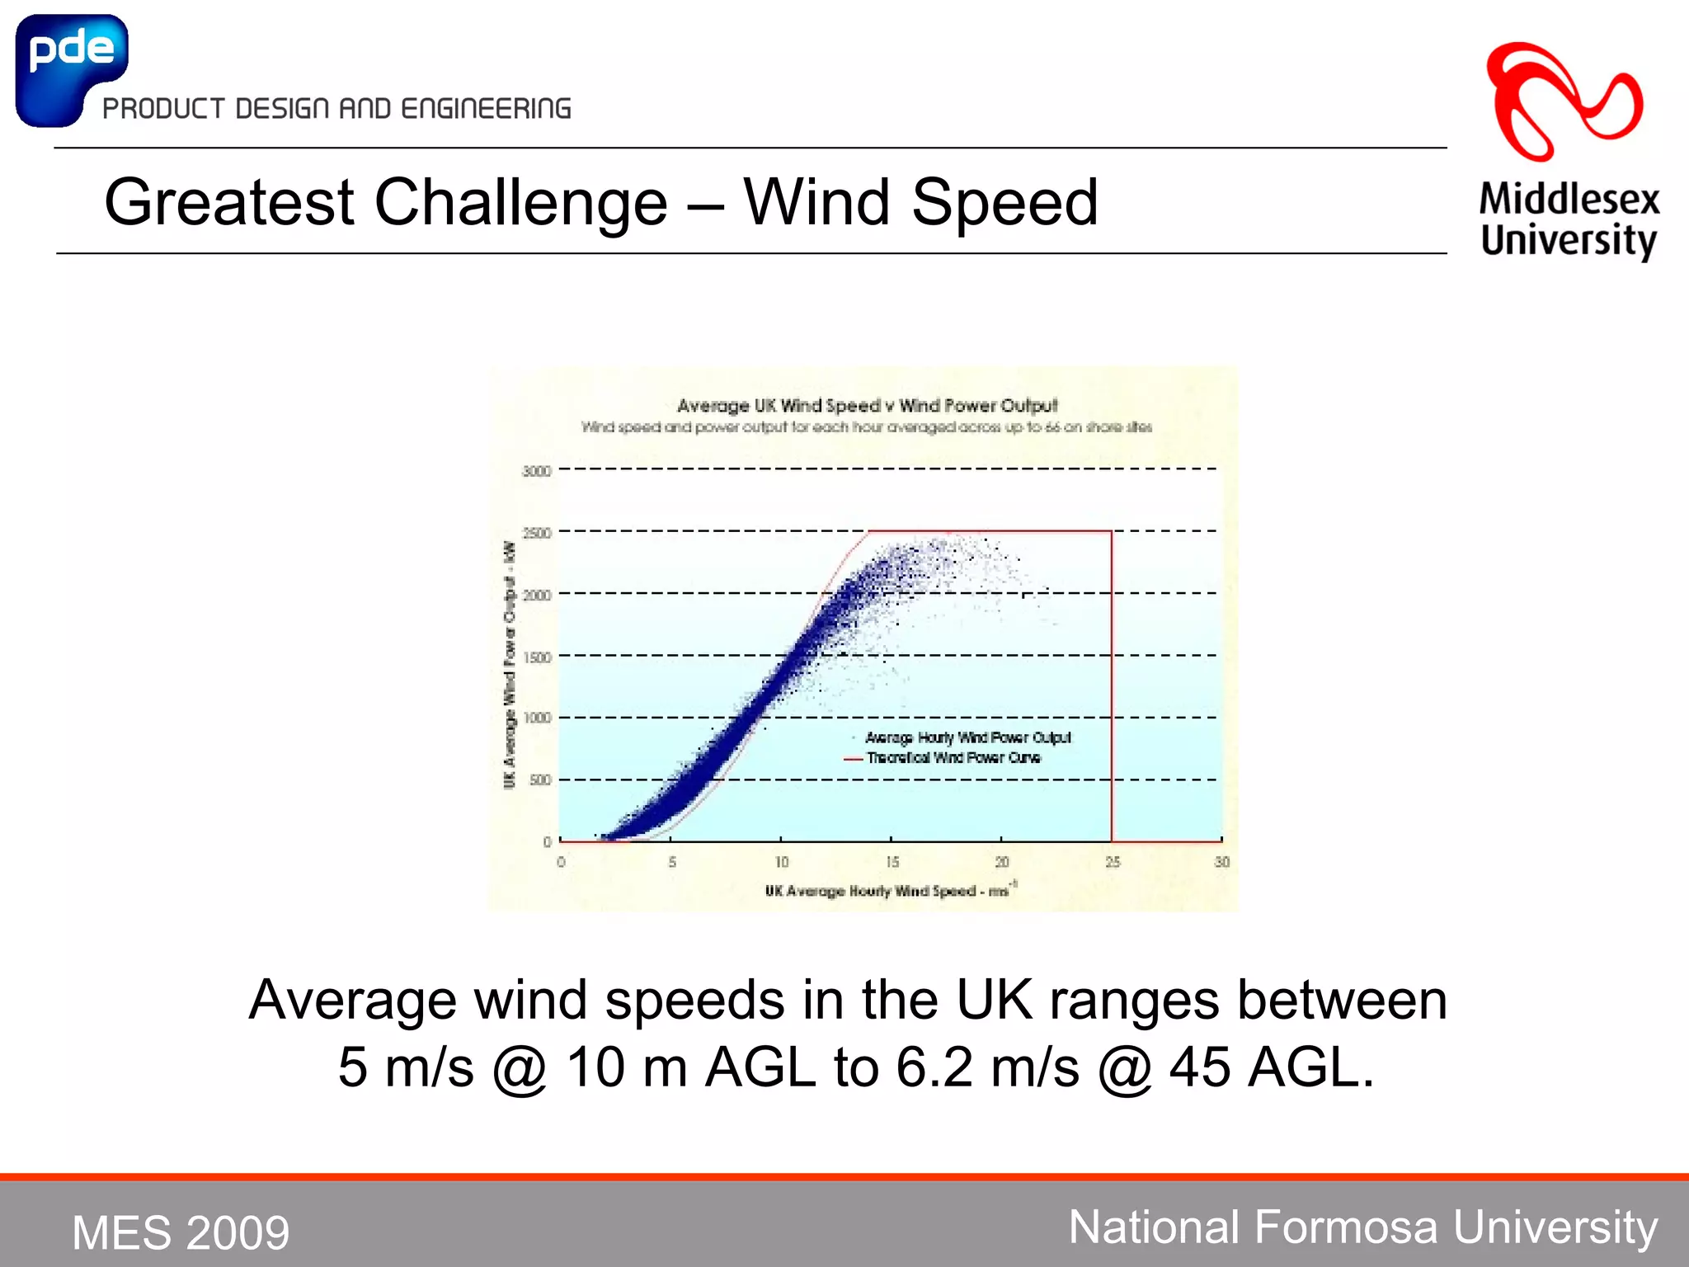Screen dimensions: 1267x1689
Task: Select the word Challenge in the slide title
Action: click(520, 203)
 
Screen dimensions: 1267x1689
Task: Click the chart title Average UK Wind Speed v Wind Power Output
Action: click(867, 405)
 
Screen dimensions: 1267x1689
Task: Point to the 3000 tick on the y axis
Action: click(537, 471)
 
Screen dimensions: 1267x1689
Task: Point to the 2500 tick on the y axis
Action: click(537, 534)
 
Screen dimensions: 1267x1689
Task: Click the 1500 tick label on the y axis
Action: click(537, 657)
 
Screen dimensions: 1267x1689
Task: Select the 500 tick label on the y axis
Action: click(540, 780)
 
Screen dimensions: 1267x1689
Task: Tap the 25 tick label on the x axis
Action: click(1113, 862)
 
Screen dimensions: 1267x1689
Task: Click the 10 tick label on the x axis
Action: click(781, 862)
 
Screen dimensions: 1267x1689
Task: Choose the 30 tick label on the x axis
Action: click(1221, 862)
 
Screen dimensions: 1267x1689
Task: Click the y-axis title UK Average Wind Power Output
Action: click(510, 664)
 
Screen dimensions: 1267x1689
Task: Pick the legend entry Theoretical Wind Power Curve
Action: click(953, 758)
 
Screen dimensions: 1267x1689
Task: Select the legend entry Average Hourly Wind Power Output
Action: click(967, 737)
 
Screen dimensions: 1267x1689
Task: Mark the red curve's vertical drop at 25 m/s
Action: click(1112, 685)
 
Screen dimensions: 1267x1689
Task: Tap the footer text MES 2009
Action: click(181, 1232)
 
